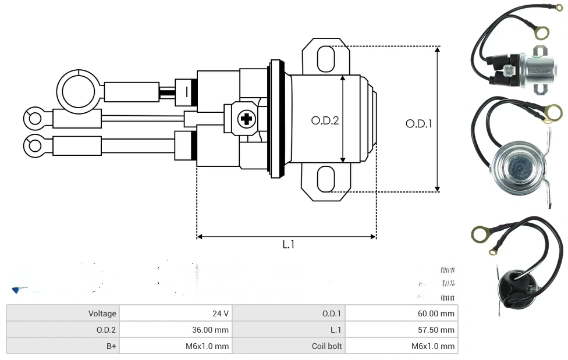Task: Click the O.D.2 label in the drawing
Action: (325, 121)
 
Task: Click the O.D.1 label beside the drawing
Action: (419, 123)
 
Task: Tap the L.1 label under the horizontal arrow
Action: (289, 245)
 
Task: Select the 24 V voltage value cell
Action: (175, 313)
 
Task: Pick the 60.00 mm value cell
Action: (402, 313)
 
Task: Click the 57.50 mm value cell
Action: (402, 330)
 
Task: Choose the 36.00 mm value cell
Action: (175, 330)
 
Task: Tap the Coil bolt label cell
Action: (289, 346)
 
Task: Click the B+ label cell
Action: (62, 346)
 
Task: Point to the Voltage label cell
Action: (62, 313)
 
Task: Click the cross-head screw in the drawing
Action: (246, 120)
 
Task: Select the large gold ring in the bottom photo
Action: (481, 235)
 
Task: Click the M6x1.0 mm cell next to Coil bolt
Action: (402, 346)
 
